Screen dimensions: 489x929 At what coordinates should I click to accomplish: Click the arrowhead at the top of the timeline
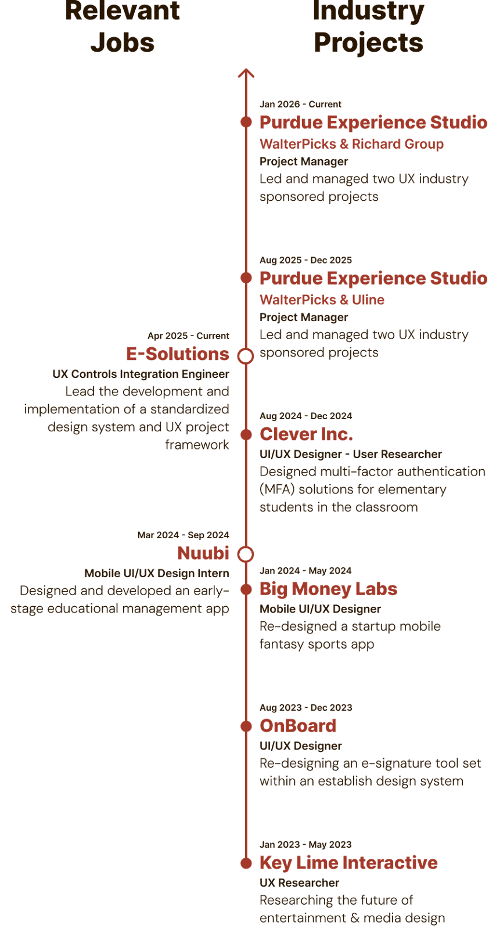pyautogui.click(x=246, y=73)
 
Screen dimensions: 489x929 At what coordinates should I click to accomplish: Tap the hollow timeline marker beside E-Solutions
pyautogui.click(x=246, y=356)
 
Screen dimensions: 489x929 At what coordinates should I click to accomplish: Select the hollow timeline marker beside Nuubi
pyautogui.click(x=246, y=554)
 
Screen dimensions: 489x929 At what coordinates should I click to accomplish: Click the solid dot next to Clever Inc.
pyautogui.click(x=246, y=434)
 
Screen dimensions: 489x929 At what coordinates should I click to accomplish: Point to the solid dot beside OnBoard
pyautogui.click(x=246, y=726)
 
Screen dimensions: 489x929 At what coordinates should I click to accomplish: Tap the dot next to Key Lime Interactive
pyautogui.click(x=246, y=863)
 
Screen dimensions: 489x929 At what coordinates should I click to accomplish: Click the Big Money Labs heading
pyautogui.click(x=328, y=589)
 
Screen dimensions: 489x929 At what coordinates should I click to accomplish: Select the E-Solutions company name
pyautogui.click(x=178, y=354)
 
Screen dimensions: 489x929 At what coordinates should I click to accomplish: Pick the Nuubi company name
pyautogui.click(x=203, y=553)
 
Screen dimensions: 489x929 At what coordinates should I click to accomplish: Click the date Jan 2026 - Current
pyautogui.click(x=300, y=105)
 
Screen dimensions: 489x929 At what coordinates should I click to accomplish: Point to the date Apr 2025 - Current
pyautogui.click(x=188, y=336)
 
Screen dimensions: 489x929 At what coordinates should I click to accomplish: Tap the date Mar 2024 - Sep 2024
pyautogui.click(x=183, y=535)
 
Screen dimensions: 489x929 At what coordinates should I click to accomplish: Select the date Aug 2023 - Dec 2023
pyautogui.click(x=305, y=708)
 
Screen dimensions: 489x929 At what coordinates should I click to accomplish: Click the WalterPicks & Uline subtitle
pyautogui.click(x=322, y=300)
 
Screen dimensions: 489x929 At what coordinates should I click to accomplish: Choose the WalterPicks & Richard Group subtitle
pyautogui.click(x=351, y=144)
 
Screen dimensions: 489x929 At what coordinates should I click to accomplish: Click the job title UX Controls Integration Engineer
pyautogui.click(x=141, y=374)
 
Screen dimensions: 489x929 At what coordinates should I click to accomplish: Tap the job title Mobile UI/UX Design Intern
pyautogui.click(x=157, y=573)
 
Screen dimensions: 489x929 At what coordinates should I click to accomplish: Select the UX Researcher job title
pyautogui.click(x=299, y=883)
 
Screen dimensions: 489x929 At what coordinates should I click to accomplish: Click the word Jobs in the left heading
pyautogui.click(x=123, y=43)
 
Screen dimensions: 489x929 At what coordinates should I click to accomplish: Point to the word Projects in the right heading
pyautogui.click(x=368, y=43)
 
